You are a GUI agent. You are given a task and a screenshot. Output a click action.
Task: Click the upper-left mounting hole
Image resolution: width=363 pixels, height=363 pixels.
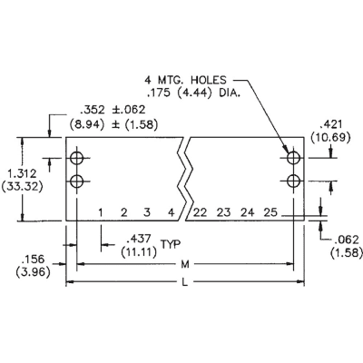[x=76, y=160]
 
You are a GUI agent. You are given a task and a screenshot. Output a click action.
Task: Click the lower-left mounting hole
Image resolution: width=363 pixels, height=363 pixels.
[x=76, y=181]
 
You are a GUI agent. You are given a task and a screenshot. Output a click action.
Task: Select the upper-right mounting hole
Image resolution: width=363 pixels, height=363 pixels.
[x=292, y=157]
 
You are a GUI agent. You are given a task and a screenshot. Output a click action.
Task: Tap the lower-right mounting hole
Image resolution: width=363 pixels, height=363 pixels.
[x=292, y=180]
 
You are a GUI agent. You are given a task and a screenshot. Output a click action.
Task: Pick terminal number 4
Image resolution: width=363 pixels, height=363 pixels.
[x=170, y=213]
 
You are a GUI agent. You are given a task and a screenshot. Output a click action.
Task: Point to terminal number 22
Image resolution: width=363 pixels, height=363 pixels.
[x=201, y=213]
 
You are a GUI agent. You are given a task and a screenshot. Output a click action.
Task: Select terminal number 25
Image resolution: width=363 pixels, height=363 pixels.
[x=270, y=213]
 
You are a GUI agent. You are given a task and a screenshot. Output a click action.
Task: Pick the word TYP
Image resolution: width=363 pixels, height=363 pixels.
[x=172, y=244]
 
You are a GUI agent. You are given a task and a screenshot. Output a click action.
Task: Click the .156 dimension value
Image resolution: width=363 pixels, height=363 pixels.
[x=33, y=257]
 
